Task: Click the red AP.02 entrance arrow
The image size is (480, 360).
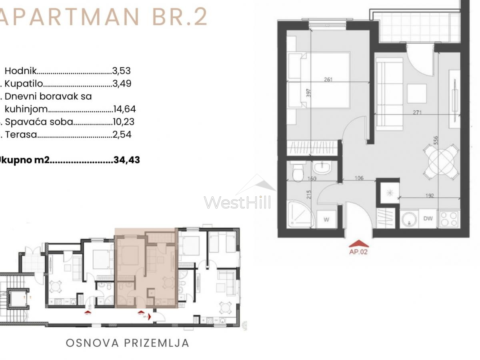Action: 359,244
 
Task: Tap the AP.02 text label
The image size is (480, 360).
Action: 358,252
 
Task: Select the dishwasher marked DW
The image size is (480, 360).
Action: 428,219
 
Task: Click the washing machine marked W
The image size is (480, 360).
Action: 326,219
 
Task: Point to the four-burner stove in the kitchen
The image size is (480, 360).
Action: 448,219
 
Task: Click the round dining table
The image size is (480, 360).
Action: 441,162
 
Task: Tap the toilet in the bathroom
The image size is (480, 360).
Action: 298,171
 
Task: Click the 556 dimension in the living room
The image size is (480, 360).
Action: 436,141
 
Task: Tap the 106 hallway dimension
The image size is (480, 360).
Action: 359,178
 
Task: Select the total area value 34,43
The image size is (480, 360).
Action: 127,160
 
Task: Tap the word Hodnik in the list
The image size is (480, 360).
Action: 20,71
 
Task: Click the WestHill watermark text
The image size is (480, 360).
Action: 238,202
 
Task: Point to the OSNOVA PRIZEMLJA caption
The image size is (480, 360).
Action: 127,343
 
